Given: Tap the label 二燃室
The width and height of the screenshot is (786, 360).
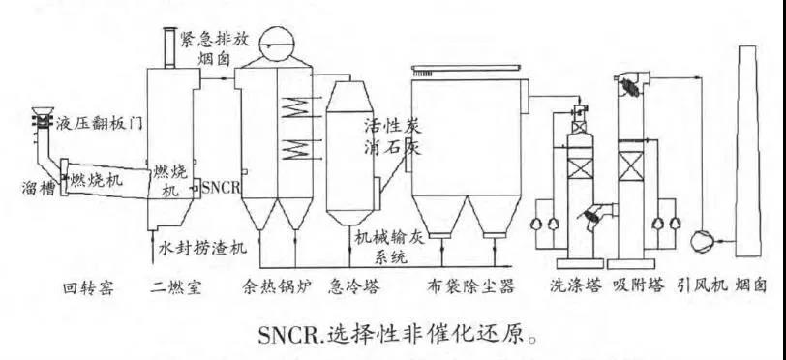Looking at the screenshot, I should [177, 287].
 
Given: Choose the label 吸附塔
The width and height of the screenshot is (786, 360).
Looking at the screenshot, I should [635, 287].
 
